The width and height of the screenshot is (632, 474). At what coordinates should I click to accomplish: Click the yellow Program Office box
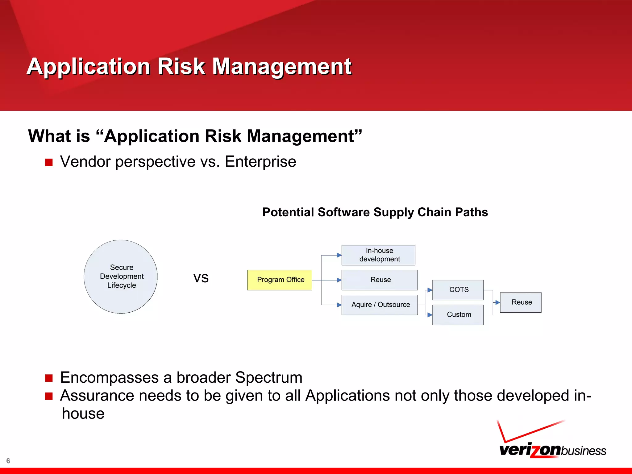(280, 280)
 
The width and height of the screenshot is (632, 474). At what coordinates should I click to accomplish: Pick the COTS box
(458, 290)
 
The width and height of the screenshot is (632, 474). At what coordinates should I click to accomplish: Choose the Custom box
(458, 315)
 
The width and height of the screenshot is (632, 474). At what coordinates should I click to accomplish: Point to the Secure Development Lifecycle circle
(121, 276)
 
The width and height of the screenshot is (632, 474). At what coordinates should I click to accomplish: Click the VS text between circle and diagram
(201, 278)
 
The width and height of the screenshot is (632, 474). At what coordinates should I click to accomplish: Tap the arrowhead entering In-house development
(339, 255)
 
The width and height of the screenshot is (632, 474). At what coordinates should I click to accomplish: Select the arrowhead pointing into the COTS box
(430, 290)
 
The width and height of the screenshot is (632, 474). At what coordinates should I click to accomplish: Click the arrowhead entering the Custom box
(430, 315)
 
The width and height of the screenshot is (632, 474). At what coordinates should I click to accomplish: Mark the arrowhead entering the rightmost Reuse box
(497, 303)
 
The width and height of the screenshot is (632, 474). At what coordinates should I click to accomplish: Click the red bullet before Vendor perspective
(49, 162)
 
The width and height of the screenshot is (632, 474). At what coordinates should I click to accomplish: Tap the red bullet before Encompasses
(49, 378)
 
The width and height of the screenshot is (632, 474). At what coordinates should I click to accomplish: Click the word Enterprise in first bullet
(260, 162)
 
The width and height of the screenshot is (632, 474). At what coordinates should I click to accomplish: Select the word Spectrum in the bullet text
(269, 377)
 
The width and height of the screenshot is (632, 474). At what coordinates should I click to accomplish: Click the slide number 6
(8, 461)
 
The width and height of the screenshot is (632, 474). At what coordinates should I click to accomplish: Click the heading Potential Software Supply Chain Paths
(375, 212)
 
